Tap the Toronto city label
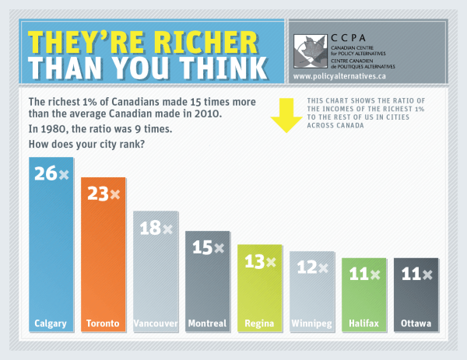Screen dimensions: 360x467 (x=103, y=323)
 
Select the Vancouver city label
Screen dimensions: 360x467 (x=156, y=323)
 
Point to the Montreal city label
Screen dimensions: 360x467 (x=207, y=323)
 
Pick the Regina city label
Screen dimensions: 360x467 (x=259, y=323)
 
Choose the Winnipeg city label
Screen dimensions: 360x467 (x=311, y=323)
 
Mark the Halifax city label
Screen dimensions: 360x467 (x=363, y=323)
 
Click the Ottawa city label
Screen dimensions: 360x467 (x=416, y=323)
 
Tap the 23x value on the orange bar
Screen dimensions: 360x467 (x=103, y=194)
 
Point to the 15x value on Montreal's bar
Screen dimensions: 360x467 (x=207, y=248)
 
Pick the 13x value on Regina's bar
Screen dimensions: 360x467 (x=259, y=262)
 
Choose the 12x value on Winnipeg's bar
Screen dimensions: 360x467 (x=311, y=267)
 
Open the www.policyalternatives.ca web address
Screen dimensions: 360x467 (x=339, y=76)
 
